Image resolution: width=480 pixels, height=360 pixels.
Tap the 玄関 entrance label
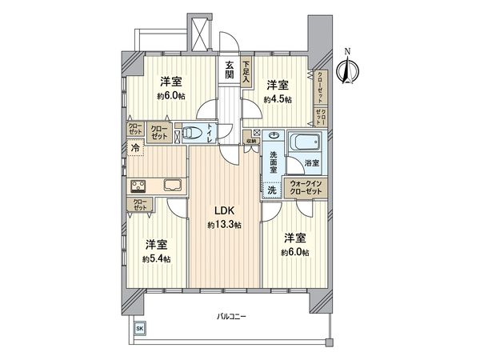coord(230,71)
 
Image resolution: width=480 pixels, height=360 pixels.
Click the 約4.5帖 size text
coord(278,99)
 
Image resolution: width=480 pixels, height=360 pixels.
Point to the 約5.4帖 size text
coord(156,258)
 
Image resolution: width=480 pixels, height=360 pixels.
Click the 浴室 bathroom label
coord(311,163)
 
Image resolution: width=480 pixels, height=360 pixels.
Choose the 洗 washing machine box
coord(272,191)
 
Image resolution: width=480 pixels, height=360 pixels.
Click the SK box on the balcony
coord(138,329)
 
